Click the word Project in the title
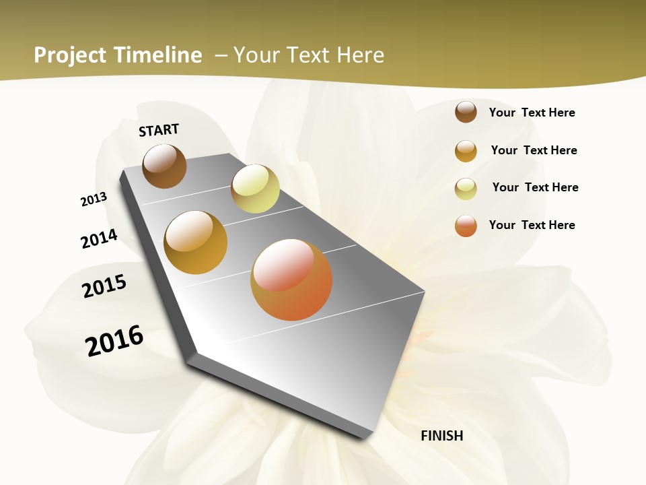point(70,55)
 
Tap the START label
point(159,130)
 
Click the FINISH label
point(442,436)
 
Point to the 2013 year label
point(94,199)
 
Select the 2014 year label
point(99,238)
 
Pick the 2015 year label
point(104,286)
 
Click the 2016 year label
point(114,340)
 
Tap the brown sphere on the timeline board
point(164,166)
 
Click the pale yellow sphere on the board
point(255,189)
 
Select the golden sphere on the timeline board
point(196,243)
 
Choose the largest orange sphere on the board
point(291,280)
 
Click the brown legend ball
point(466,112)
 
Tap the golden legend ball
point(466,151)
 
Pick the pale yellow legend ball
point(466,189)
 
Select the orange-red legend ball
point(466,226)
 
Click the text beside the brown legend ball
point(532,112)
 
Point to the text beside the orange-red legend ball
point(532,225)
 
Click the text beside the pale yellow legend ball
point(535,187)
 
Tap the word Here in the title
point(360,55)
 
